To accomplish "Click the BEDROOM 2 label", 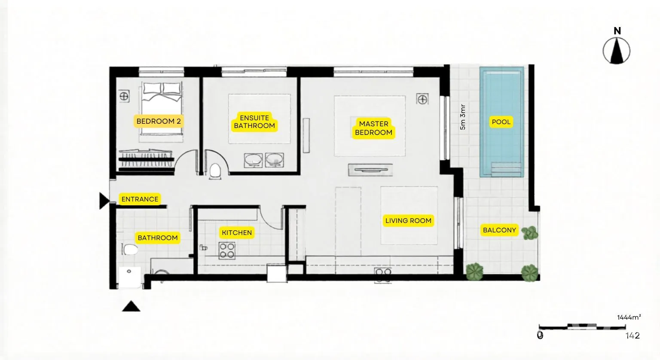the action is coord(159,121).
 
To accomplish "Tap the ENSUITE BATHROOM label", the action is coord(254,122).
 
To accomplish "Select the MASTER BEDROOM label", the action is coord(373,128).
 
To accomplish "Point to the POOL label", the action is coord(501,122).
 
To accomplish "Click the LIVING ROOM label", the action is coord(408,220).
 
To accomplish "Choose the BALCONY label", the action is coord(499,230).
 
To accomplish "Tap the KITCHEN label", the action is coord(237,232).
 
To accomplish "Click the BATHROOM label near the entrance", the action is coord(158,238).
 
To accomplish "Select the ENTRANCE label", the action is coord(140,199).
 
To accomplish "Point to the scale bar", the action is coord(582,327).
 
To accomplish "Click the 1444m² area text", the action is coord(629,317).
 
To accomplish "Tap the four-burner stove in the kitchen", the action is coord(227,251).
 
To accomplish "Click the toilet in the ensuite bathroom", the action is coord(215,171).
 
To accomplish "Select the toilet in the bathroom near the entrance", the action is coord(130,250).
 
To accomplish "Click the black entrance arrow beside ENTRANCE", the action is coord(104,201).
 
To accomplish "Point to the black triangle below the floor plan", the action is coord(131,306).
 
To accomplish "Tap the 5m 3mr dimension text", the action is coord(463,117).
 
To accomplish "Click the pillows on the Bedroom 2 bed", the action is coord(162,88).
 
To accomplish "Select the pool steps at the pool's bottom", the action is coord(506,170).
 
